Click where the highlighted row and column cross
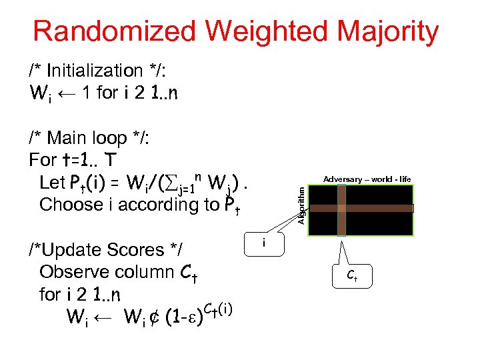click(341, 208)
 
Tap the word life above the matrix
click(404, 179)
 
